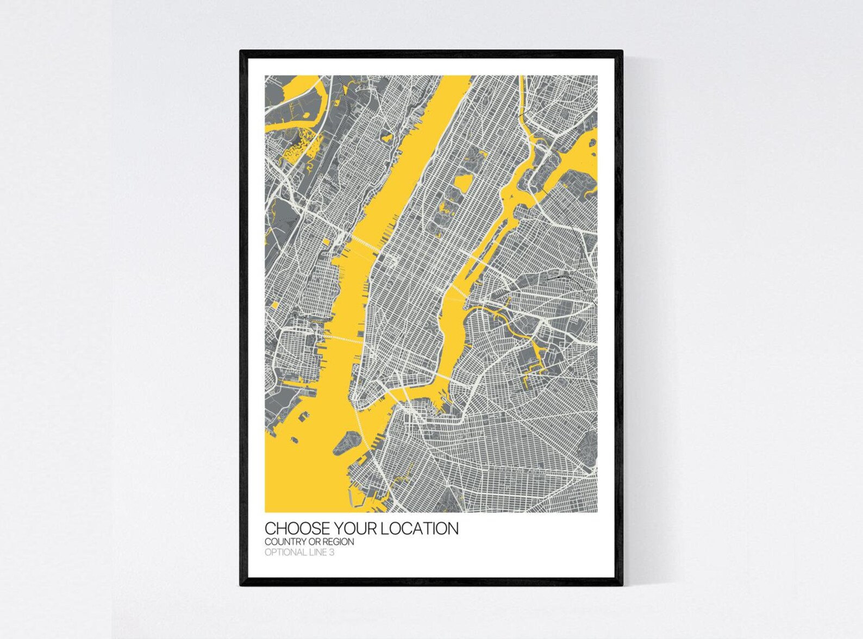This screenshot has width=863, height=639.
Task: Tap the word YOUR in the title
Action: pos(356,529)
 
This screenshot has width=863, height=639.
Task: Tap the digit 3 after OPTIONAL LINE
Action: pos(332,553)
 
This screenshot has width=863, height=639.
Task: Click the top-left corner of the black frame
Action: pos(241,52)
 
